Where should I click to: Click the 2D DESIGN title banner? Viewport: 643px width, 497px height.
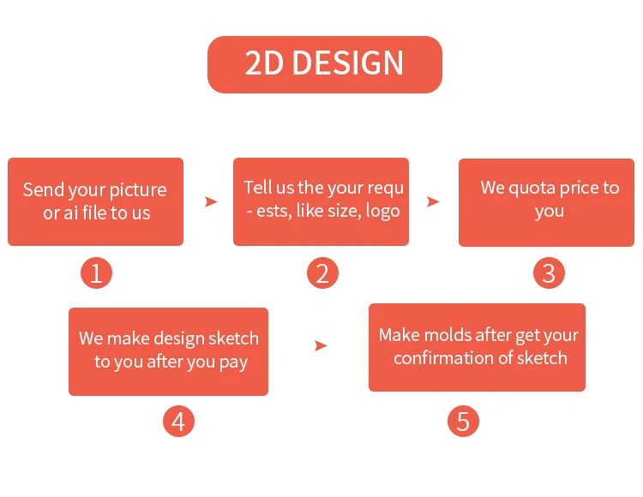click(325, 64)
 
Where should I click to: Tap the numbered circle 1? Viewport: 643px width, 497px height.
click(96, 272)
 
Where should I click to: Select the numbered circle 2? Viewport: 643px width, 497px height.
click(322, 272)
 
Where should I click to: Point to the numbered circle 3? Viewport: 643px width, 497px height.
click(549, 272)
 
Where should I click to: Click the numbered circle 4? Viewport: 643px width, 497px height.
click(178, 422)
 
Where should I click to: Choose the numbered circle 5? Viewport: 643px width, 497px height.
click(463, 422)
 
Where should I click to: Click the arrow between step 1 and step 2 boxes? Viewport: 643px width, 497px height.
click(211, 201)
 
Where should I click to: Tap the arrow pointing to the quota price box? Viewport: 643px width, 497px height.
click(433, 201)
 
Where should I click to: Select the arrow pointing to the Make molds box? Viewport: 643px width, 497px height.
click(321, 346)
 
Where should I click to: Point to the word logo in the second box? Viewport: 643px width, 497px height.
click(382, 212)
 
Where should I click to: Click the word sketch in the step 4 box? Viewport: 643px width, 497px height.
click(233, 338)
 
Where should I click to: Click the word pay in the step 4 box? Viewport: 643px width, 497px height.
click(233, 362)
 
